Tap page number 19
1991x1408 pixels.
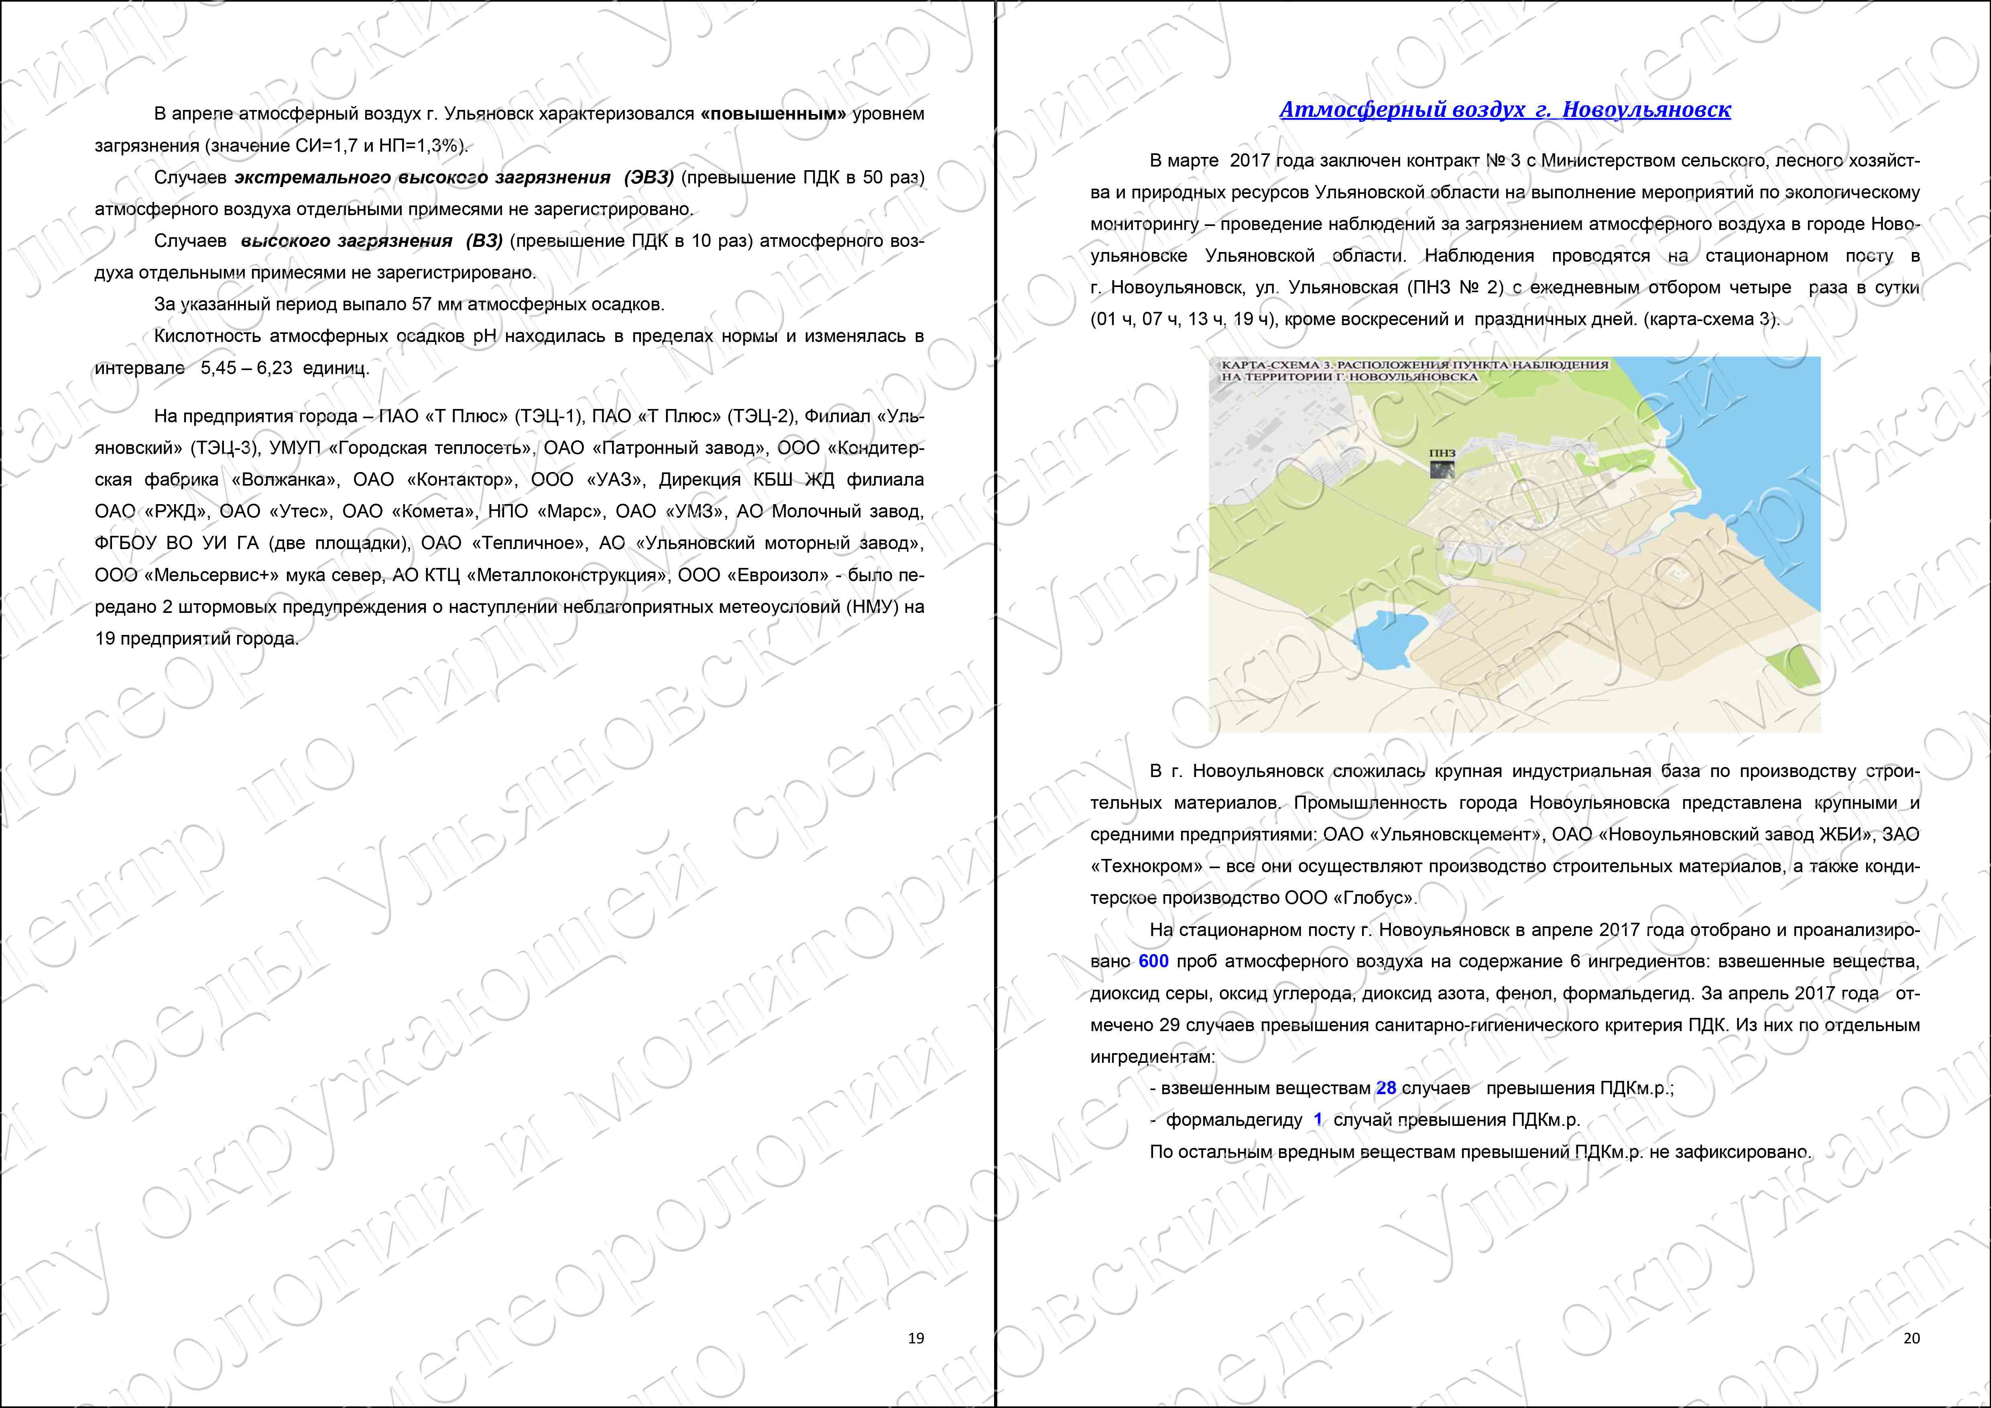pyautogui.click(x=916, y=1338)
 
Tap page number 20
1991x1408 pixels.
pyautogui.click(x=1911, y=1338)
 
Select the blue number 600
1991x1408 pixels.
pyautogui.click(x=1153, y=962)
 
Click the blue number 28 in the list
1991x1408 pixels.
pyautogui.click(x=1386, y=1088)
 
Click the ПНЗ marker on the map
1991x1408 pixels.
pyautogui.click(x=1442, y=468)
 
